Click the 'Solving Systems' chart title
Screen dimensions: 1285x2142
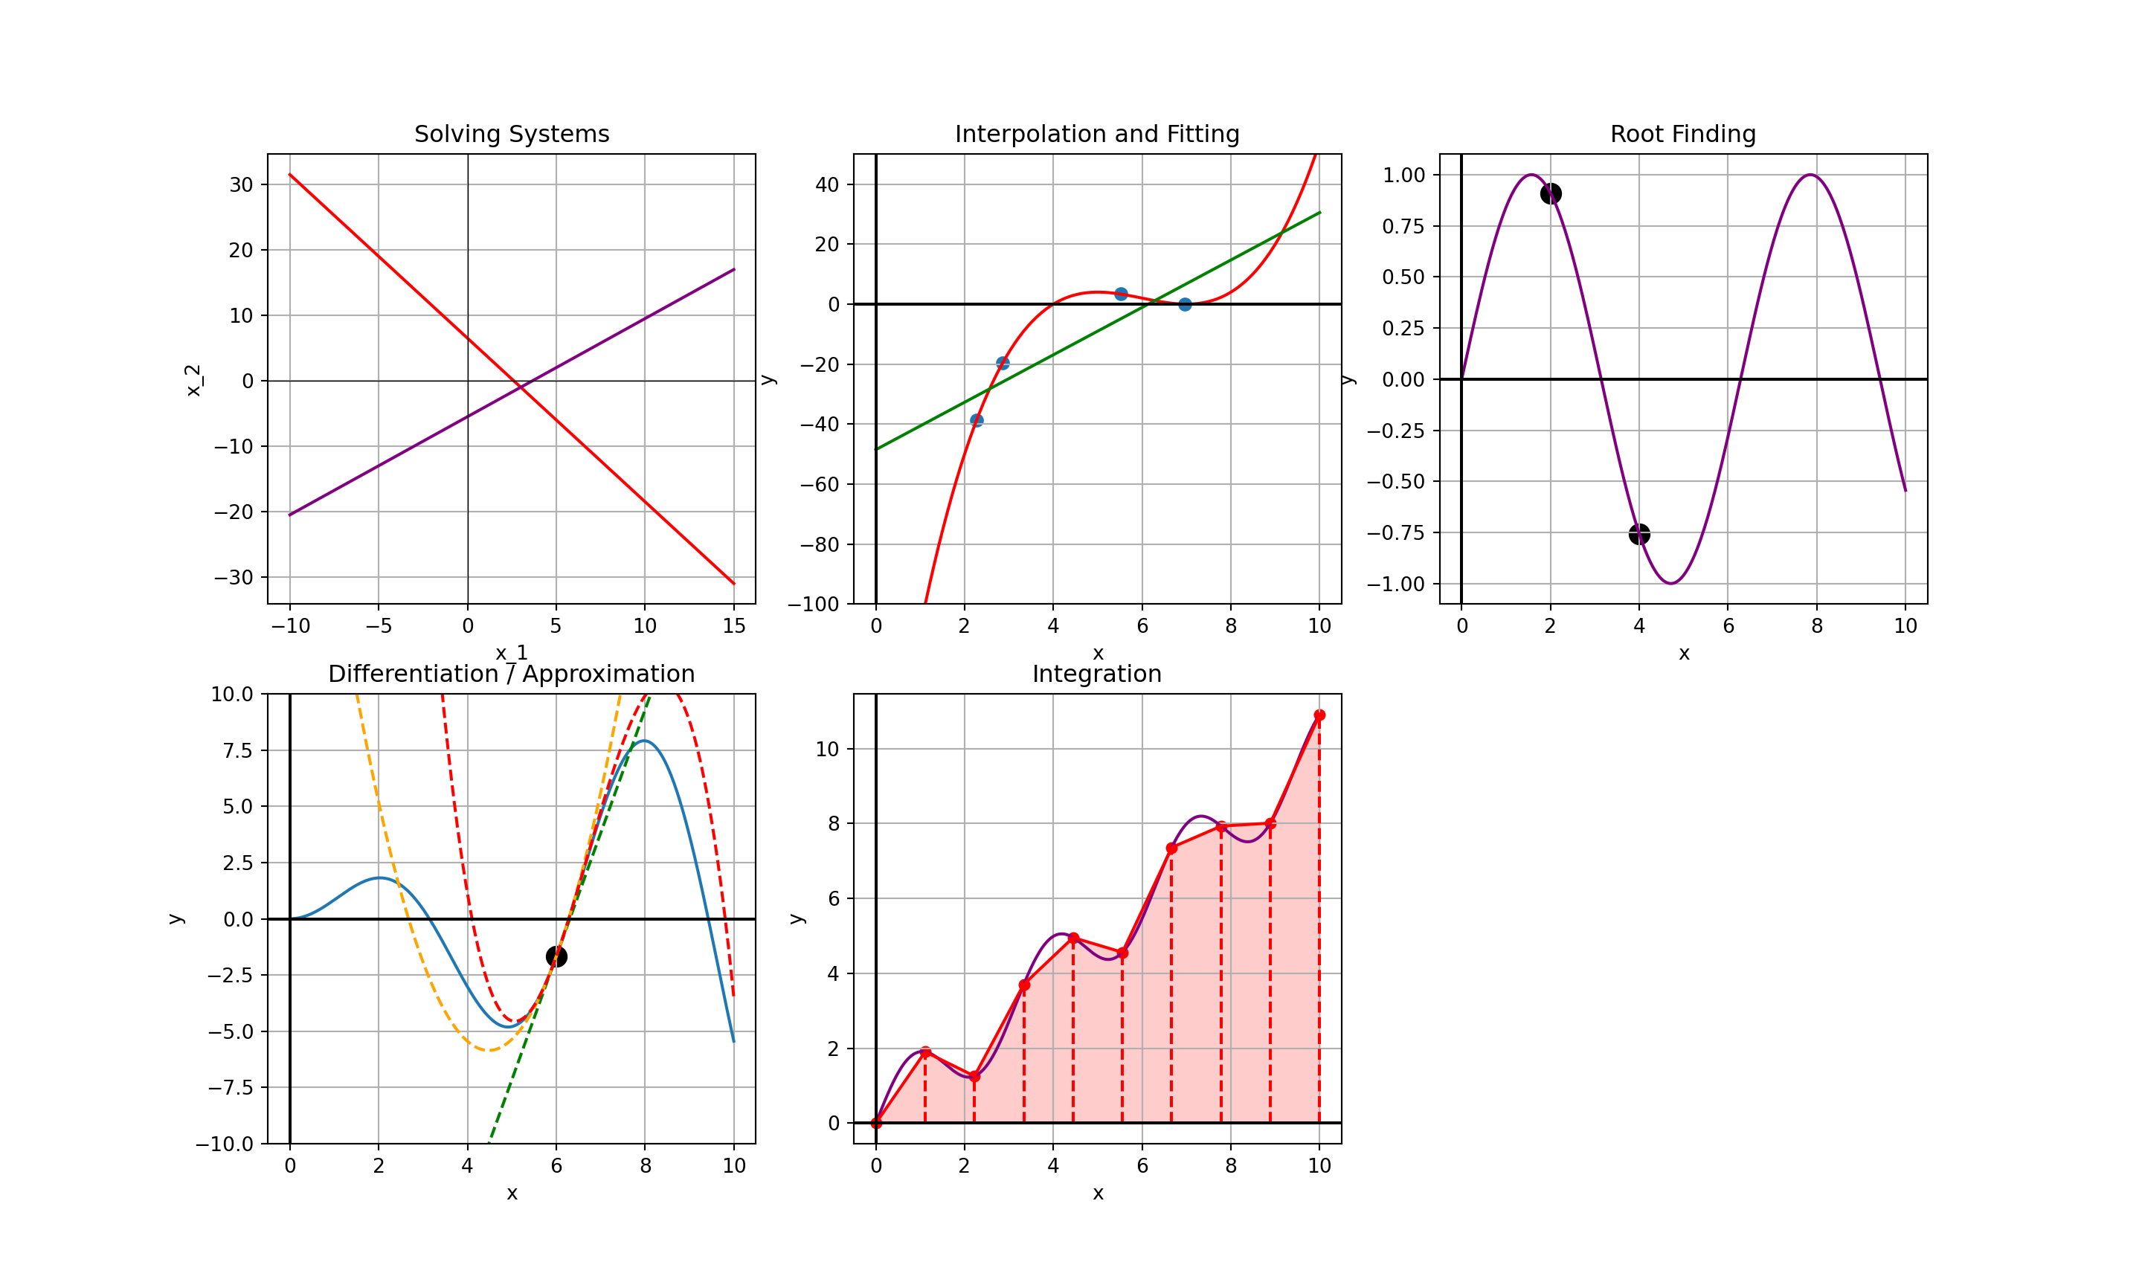pos(512,134)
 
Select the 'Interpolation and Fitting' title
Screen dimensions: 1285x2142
pos(1097,134)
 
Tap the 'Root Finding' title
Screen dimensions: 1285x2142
pos(1682,134)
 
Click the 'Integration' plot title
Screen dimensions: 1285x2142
pos(1097,674)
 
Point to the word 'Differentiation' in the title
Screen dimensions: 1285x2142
pos(413,674)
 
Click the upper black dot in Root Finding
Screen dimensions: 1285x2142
pos(1551,193)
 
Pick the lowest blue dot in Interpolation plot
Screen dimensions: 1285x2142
pos(977,421)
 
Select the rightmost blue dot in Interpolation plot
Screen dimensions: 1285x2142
pos(1184,304)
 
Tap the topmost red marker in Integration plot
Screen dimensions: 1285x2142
pos(1319,715)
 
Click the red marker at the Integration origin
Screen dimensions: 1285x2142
pos(876,1123)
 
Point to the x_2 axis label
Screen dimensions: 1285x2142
pos(193,380)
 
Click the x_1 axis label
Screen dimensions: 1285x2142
pos(512,653)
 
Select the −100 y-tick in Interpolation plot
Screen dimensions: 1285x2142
pos(814,605)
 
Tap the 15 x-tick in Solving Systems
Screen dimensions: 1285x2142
pos(734,626)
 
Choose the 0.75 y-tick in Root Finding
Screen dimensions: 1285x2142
pos(1403,226)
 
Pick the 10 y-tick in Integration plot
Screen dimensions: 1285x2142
pos(828,749)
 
